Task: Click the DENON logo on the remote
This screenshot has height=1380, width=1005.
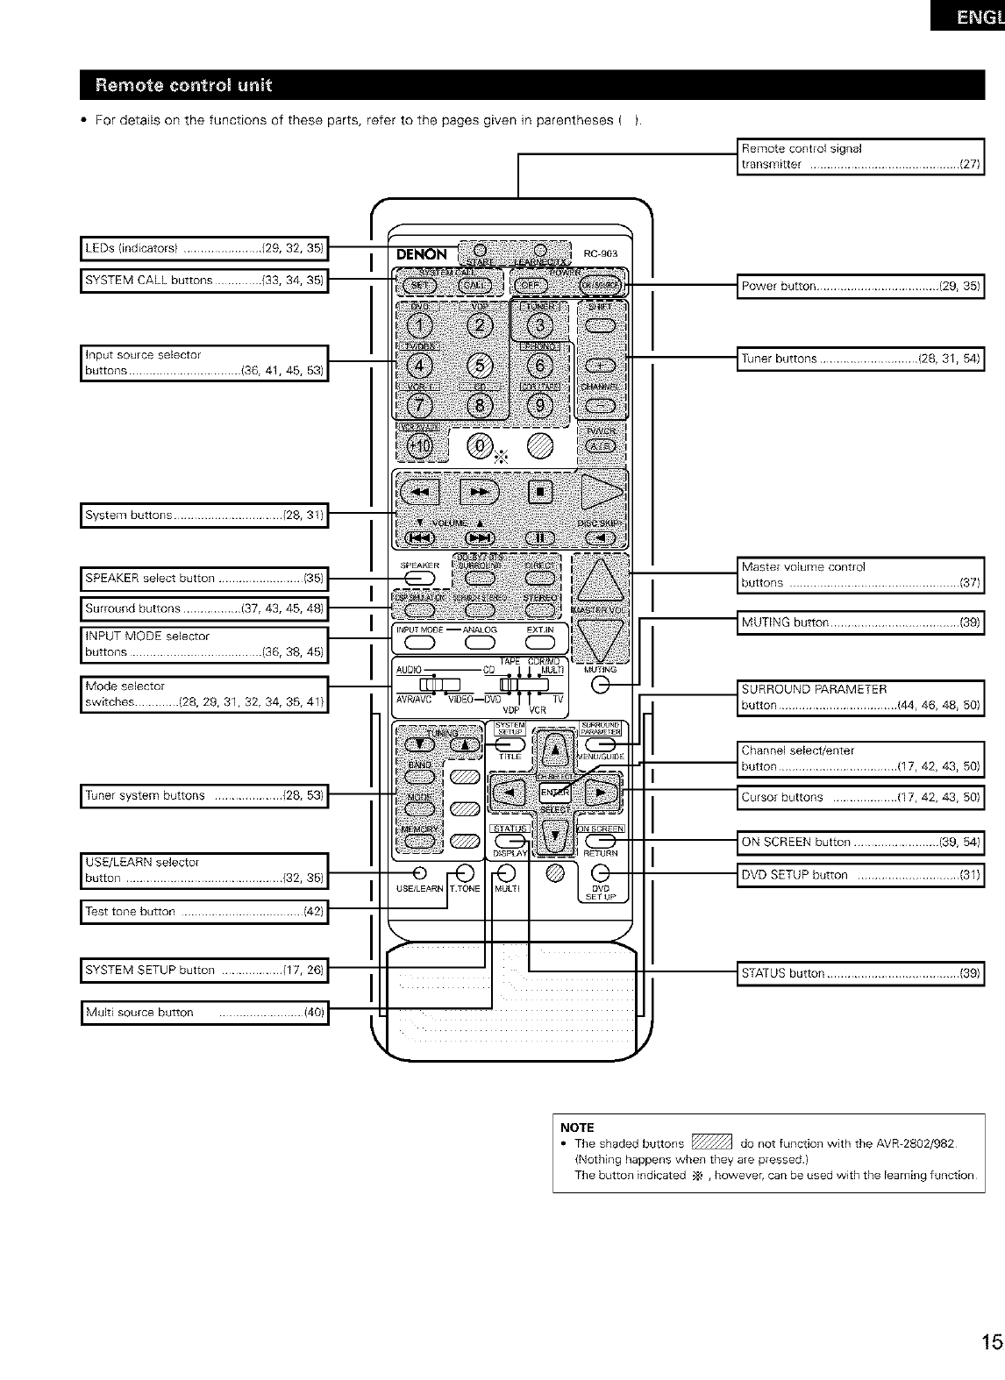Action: (422, 255)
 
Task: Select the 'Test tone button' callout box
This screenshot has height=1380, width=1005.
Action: (203, 912)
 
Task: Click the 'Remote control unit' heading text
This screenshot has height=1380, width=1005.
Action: (184, 85)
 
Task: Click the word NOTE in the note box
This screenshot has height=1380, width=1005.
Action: (577, 1127)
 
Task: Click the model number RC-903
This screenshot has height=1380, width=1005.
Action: (601, 254)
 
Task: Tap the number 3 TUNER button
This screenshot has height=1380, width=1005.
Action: (539, 326)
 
